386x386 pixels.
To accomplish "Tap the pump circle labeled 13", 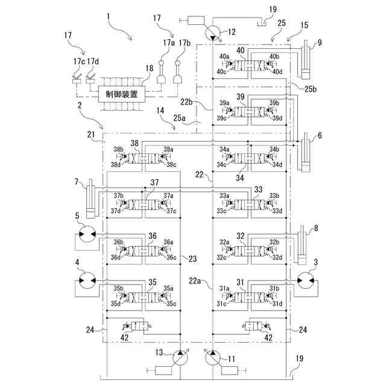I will (x=180, y=358).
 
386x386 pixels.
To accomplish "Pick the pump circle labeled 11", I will (x=212, y=358).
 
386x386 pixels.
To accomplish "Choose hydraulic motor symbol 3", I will (x=306, y=280).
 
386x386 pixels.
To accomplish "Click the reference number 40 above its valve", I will (x=241, y=50).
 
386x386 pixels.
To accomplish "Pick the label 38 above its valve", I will (x=134, y=143).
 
